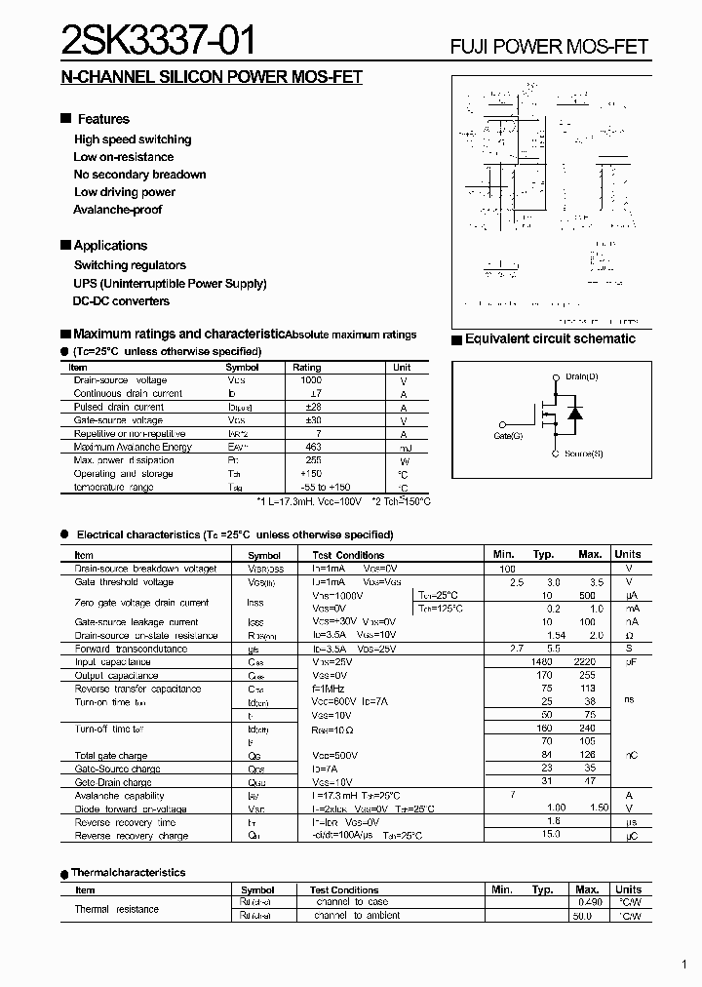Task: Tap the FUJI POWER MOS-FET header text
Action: pyautogui.click(x=549, y=47)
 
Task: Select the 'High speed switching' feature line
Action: pyautogui.click(x=133, y=139)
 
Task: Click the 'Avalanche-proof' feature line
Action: pyautogui.click(x=117, y=210)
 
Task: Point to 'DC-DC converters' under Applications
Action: pyautogui.click(x=122, y=301)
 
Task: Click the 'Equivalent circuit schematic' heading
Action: pyautogui.click(x=550, y=339)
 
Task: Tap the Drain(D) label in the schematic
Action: pyautogui.click(x=582, y=376)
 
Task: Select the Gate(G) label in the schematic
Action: pyautogui.click(x=508, y=436)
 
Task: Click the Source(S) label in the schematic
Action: pyautogui.click(x=583, y=454)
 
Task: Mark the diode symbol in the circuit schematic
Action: pyautogui.click(x=575, y=414)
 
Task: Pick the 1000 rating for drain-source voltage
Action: pyautogui.click(x=313, y=379)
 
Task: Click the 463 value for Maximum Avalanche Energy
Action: pyautogui.click(x=313, y=447)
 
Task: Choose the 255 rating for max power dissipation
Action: pyautogui.click(x=313, y=460)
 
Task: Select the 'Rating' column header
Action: pyautogui.click(x=307, y=368)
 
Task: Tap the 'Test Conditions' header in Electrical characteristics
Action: pyautogui.click(x=348, y=554)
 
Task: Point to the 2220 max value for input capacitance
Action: pyautogui.click(x=586, y=662)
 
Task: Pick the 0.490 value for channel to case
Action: pyautogui.click(x=589, y=902)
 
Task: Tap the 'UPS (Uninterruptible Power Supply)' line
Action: pyautogui.click(x=170, y=284)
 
